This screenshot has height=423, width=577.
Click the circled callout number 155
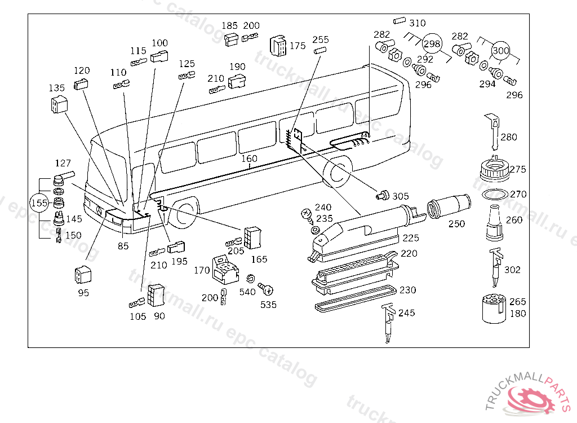click(39, 203)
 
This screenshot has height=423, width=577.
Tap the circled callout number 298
click(432, 44)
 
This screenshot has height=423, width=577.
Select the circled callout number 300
click(501, 50)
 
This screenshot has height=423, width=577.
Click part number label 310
click(418, 23)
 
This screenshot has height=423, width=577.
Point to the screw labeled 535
click(266, 289)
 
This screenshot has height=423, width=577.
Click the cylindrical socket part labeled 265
click(494, 309)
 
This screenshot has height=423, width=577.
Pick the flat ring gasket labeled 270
click(495, 194)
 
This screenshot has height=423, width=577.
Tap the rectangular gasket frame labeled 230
click(356, 298)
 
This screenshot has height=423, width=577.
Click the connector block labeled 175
click(278, 46)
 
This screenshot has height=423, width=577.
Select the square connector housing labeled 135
click(59, 104)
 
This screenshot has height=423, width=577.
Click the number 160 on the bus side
click(249, 158)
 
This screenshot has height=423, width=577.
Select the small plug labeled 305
click(383, 195)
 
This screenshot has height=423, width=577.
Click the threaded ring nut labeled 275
click(495, 169)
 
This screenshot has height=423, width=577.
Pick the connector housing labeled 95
click(83, 275)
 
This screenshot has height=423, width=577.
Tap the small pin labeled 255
click(320, 50)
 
